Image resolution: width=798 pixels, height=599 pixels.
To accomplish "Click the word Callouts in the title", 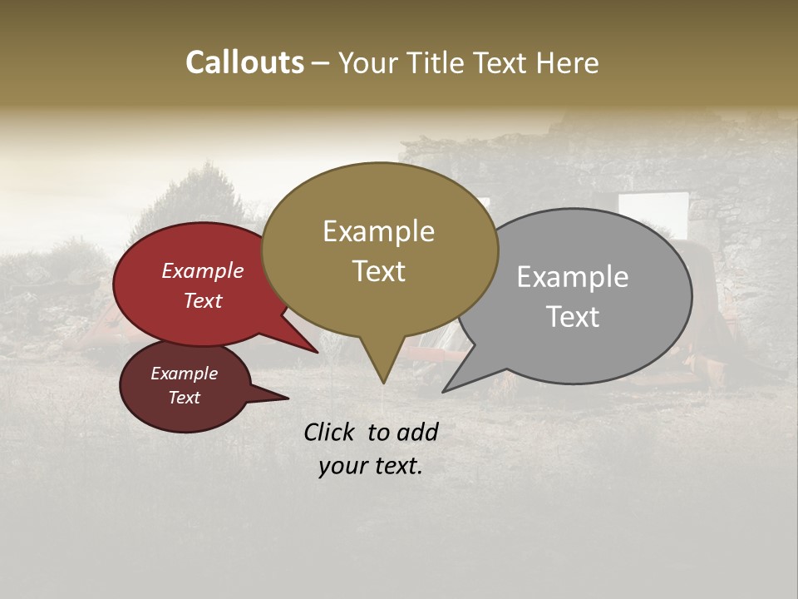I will click(244, 62).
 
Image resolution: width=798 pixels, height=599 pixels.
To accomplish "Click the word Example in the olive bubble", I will click(378, 231).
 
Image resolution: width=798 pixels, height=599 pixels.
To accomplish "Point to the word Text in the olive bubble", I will click(378, 271).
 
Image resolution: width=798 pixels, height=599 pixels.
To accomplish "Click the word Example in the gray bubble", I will click(573, 277).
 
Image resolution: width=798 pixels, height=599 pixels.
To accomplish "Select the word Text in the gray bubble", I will click(573, 317).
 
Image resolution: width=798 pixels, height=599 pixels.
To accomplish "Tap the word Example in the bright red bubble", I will click(203, 270).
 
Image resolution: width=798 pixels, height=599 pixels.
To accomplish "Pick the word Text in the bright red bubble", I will click(203, 300).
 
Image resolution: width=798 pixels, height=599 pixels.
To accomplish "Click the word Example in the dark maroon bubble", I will click(184, 374).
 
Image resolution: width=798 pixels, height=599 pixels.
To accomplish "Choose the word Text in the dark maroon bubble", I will click(184, 398).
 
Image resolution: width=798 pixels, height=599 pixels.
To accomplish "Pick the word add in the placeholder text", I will click(416, 432).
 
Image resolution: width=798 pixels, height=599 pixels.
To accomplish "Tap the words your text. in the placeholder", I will click(370, 466).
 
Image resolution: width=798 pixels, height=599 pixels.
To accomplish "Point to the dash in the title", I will click(321, 62).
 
